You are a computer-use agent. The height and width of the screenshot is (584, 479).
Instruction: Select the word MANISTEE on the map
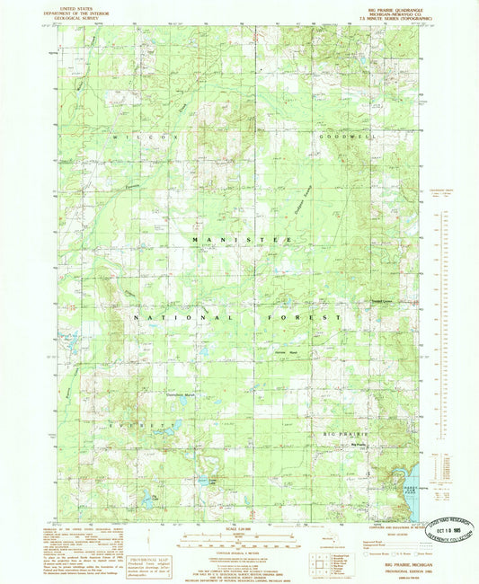pyautogui.click(x=239, y=240)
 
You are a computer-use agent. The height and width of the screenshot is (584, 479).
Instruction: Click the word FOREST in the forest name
pyautogui.click(x=304, y=317)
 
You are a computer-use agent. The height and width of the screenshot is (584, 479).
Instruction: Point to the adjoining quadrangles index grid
pyautogui.click(x=319, y=563)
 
